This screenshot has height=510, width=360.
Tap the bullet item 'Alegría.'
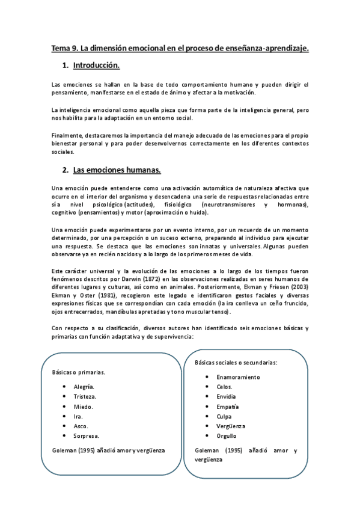coord(84,387)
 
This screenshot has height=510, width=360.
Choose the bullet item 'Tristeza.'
coord(85,396)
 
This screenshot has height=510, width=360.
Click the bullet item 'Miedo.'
coord(84,406)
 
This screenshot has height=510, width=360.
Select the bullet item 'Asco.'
coord(81,425)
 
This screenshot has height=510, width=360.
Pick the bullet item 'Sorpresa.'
coord(87,435)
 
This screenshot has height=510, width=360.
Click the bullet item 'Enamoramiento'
coord(238,377)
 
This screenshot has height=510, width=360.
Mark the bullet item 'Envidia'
coord(227,396)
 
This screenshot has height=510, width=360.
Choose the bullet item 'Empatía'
coord(228,407)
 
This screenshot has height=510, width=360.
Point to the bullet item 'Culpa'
coord(224,416)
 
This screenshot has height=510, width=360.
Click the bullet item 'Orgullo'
coord(227,435)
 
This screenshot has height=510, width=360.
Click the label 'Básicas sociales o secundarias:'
coord(240,363)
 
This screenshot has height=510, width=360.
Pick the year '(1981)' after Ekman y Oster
coord(106,296)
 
